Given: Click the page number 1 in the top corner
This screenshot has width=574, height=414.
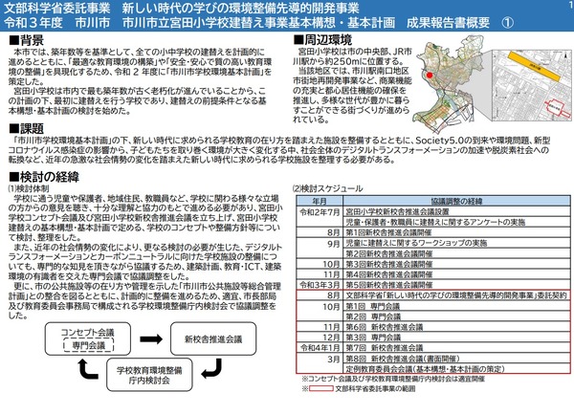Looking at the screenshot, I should (x=566, y=8).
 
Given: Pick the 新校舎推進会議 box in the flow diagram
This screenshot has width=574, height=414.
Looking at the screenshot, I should (x=205, y=338).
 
